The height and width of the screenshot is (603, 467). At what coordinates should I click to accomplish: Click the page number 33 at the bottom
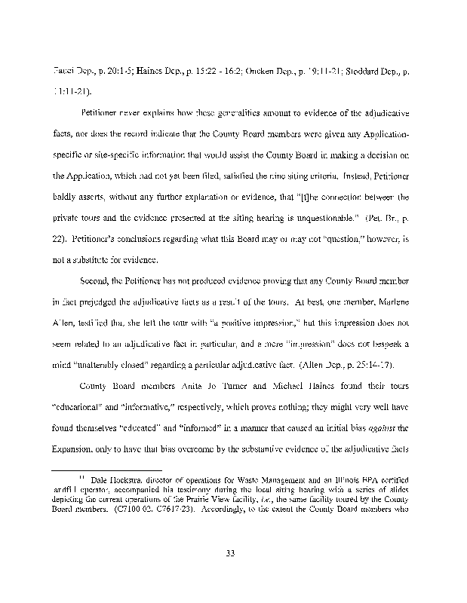(x=232, y=556)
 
